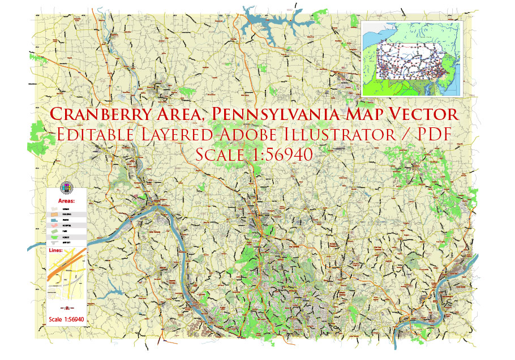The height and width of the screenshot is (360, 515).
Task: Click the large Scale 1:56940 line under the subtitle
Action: (x=254, y=155)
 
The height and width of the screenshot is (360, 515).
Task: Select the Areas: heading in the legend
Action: (x=67, y=201)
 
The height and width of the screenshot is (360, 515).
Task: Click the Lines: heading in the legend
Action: (x=56, y=249)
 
